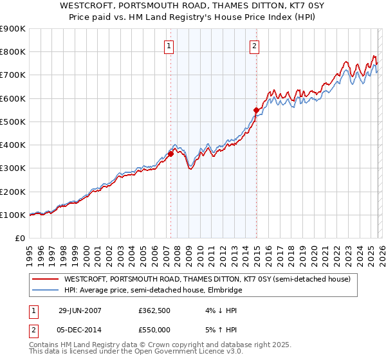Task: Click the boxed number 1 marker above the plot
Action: pyautogui.click(x=169, y=46)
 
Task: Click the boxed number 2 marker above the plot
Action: pyautogui.click(x=255, y=46)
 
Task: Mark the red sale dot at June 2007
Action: pyautogui.click(x=171, y=154)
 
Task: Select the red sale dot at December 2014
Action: pyautogui.click(x=256, y=110)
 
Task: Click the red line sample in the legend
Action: pyautogui.click(x=45, y=279)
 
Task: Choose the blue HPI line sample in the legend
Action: pyautogui.click(x=45, y=291)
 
